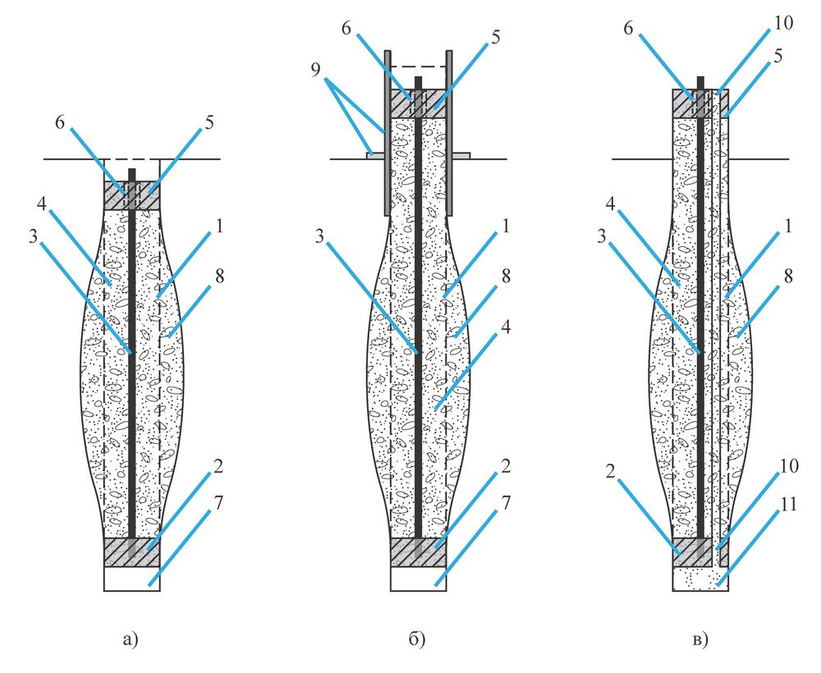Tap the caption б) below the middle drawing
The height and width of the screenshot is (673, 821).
tap(416, 638)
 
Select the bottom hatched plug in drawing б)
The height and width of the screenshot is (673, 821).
tap(402, 552)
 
